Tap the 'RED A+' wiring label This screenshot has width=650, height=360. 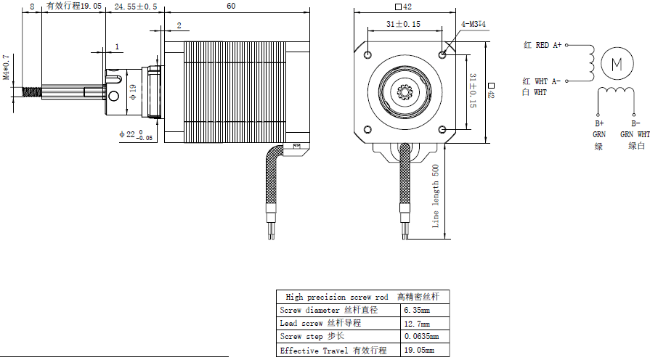pyautogui.click(x=548, y=45)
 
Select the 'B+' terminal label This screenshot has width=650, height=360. pyautogui.click(x=599, y=123)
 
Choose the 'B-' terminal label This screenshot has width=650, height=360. pyautogui.click(x=635, y=123)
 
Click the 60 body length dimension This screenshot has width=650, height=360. pyautogui.click(x=230, y=6)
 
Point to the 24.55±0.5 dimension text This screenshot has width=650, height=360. pyautogui.click(x=136, y=6)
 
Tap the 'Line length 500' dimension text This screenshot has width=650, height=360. pyautogui.click(x=436, y=196)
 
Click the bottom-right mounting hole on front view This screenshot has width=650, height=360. pyautogui.click(x=443, y=129)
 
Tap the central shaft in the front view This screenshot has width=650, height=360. pyautogui.click(x=405, y=91)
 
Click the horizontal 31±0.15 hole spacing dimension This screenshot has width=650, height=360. pyautogui.click(x=403, y=24)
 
